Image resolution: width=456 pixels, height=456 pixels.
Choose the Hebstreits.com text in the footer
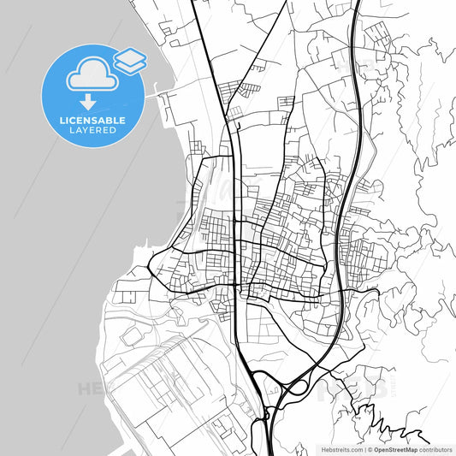tap(341, 448)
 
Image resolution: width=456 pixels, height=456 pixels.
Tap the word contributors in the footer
tap(435, 448)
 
